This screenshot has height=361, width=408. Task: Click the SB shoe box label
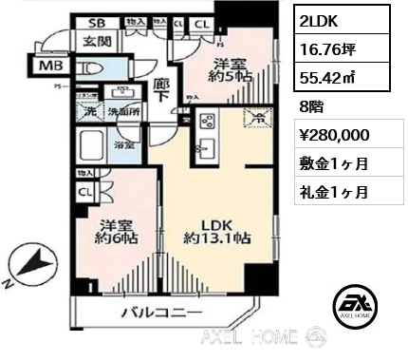tap(97, 21)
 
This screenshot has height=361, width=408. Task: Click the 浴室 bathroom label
tap(123, 145)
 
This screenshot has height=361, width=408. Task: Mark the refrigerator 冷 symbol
tap(253, 119)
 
